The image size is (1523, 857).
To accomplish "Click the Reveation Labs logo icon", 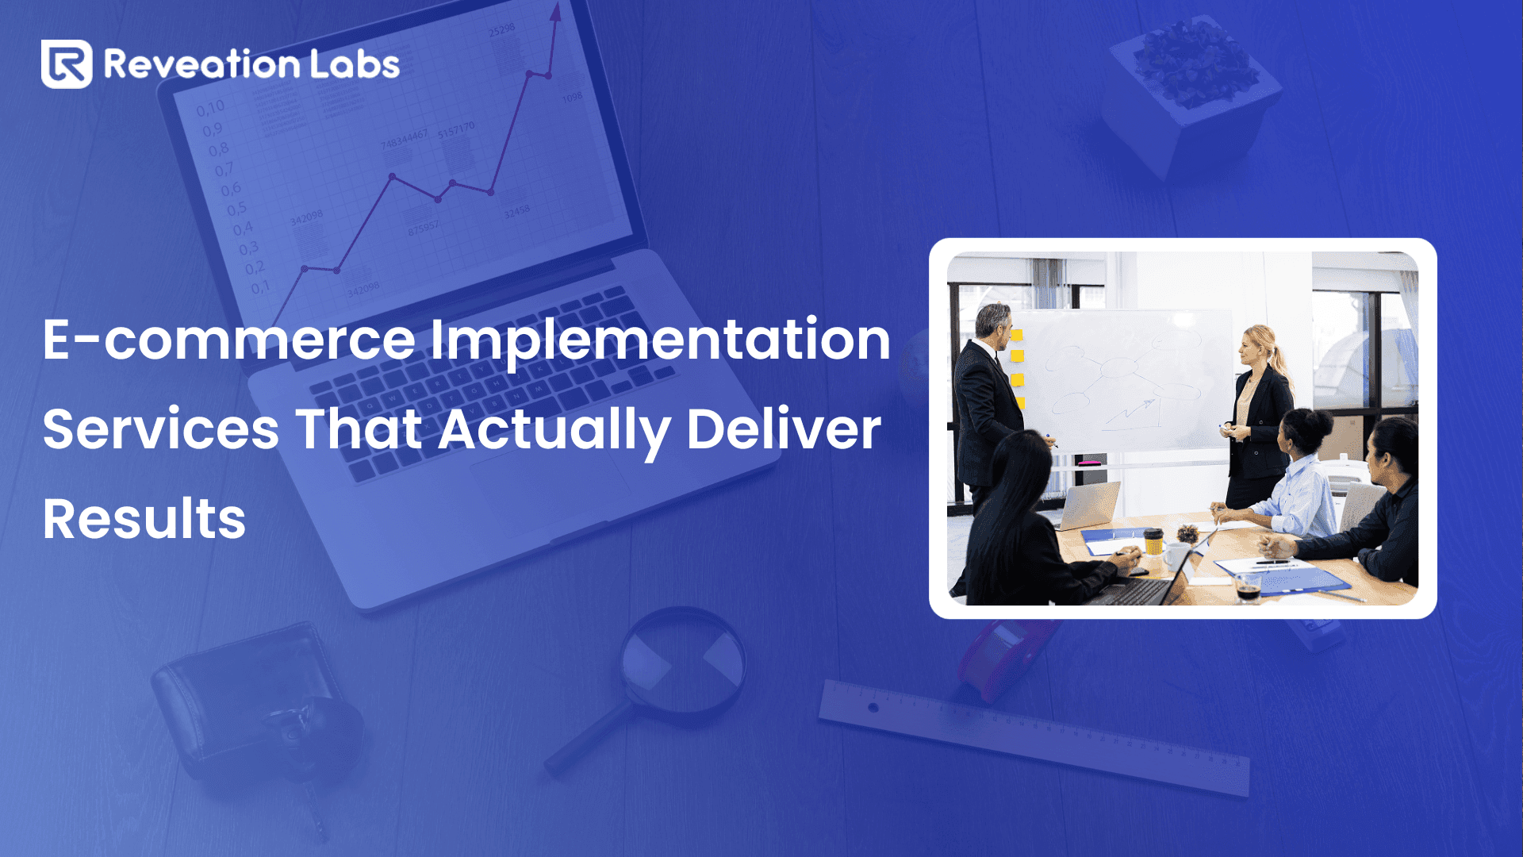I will pyautogui.click(x=67, y=64).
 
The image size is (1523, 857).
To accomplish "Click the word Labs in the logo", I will pyautogui.click(x=355, y=64).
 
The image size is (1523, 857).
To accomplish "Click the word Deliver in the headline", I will pyautogui.click(x=783, y=430).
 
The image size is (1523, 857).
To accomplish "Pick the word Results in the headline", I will pyautogui.click(x=144, y=520).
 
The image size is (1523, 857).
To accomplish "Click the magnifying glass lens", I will pyautogui.click(x=682, y=663).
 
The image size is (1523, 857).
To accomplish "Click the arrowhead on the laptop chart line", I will pyautogui.click(x=555, y=12).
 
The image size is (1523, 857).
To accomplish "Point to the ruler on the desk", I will pyautogui.click(x=1031, y=734).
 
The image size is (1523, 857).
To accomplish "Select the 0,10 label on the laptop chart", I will pyautogui.click(x=211, y=107).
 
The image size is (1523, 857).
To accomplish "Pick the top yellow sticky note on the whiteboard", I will pyautogui.click(x=1017, y=336).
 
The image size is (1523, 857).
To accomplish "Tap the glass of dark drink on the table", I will pyautogui.click(x=1248, y=588).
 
